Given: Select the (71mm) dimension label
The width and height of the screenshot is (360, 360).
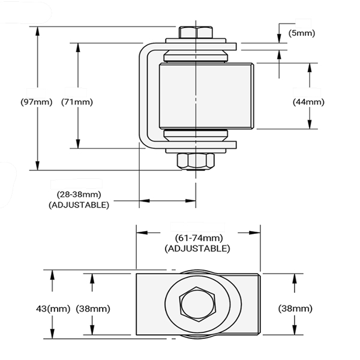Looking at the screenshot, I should coord(77,102).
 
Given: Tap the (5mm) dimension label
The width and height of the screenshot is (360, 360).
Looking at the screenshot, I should coord(301,32).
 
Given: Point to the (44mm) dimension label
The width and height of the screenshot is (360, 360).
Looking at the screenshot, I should coord(308,102).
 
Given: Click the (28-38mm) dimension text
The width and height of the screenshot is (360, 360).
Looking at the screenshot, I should coord(79,194).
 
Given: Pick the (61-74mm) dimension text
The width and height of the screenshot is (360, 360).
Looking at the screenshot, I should coord(197,238).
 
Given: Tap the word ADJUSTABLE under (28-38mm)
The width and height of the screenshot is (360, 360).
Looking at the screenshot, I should coord(79,205).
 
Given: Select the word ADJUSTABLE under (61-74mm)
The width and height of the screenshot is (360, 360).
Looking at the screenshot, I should coord(197,248).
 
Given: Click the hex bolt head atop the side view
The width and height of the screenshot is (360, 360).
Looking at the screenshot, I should coord(196,32).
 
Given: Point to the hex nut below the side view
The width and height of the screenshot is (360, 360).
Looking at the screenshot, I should coord(196,161).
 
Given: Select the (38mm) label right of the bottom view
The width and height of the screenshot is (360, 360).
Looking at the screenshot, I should coord(295,308).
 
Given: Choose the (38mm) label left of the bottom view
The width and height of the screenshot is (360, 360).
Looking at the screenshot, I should coord(93,308).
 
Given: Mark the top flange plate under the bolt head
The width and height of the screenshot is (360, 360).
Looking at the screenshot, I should coord(198,44).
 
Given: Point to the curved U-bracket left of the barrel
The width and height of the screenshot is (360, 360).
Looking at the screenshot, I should coord(145,96).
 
